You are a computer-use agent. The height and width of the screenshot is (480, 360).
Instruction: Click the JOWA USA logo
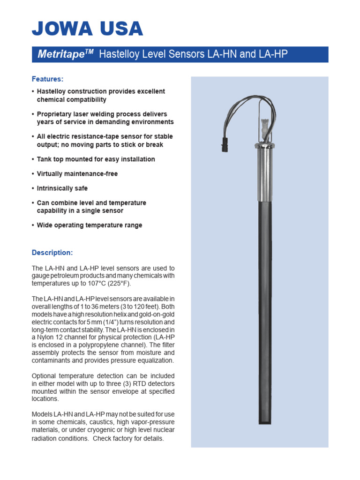[87, 29]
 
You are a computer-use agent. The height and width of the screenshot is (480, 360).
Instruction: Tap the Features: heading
[47, 79]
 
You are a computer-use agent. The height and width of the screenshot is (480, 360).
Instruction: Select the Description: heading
[52, 253]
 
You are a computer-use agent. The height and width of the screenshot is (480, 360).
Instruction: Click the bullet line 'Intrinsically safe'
[62, 188]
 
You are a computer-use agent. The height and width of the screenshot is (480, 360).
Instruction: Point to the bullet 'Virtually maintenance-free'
[77, 173]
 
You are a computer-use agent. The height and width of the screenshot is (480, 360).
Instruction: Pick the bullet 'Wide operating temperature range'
[89, 225]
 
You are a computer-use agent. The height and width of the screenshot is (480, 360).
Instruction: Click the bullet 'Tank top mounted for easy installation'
[96, 159]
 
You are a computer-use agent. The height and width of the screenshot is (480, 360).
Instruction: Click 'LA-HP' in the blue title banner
[273, 54]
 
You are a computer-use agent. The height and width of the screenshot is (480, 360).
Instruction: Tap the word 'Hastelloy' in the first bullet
[52, 91]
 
